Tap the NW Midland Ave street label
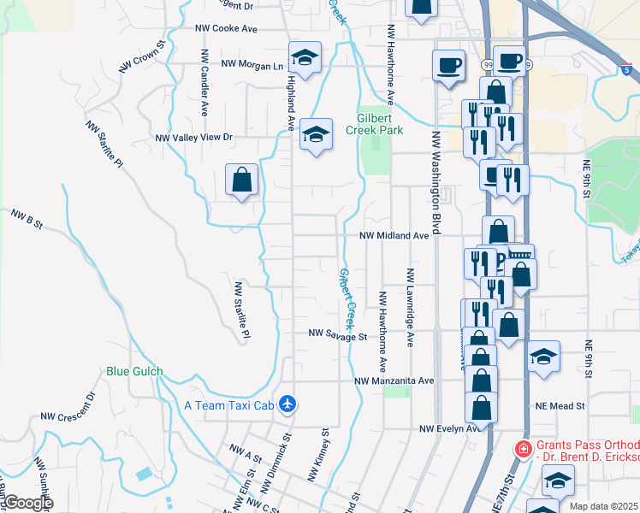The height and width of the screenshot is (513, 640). coord(393,235)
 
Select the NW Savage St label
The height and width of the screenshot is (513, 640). coord(337,337)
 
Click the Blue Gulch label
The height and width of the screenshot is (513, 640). coord(134,372)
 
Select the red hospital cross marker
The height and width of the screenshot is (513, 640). coord(521,448)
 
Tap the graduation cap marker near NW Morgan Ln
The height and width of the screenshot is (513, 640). coord(304,58)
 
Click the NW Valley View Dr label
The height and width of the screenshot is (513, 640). coord(193,137)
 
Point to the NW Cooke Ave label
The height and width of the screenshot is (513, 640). coord(226,28)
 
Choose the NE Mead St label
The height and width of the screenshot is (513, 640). coord(560,405)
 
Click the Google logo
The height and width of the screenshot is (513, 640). coord(27,503)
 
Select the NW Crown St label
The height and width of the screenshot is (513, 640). coord(142,56)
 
